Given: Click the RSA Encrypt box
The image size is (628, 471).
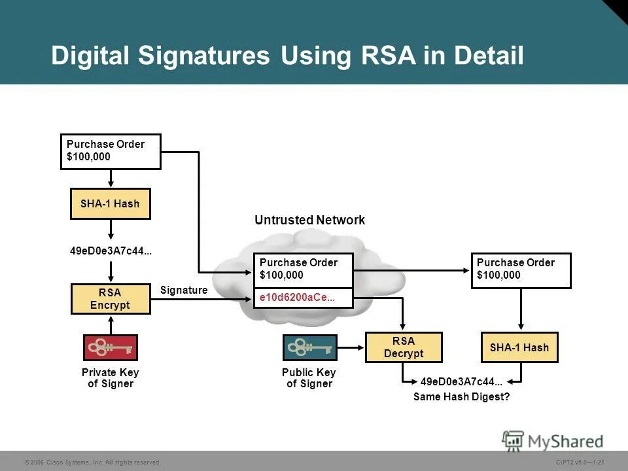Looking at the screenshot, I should (x=111, y=299).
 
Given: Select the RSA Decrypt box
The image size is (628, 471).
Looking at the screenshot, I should (x=404, y=347).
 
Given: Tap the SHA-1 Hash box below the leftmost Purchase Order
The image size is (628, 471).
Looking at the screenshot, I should (x=110, y=203).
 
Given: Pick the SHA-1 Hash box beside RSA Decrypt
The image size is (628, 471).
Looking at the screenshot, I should (x=519, y=347).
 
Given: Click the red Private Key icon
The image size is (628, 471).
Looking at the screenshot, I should (x=110, y=348).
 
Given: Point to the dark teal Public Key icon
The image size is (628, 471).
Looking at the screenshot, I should (x=309, y=348).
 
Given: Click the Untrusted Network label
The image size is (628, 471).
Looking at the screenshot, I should (x=309, y=220).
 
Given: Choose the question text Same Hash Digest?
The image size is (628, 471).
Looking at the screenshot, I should (x=461, y=396).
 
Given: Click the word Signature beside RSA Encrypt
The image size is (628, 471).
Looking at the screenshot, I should (x=183, y=290).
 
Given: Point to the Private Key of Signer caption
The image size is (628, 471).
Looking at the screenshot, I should (x=111, y=378).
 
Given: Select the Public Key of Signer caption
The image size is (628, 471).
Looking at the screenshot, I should (x=309, y=378).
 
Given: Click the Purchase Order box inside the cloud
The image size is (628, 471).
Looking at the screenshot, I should (x=304, y=270).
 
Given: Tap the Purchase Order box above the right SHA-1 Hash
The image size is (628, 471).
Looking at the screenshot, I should (x=521, y=270).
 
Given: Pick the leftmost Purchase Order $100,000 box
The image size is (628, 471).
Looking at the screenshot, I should (x=111, y=151).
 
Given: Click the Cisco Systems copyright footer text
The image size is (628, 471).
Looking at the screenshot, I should (x=92, y=462).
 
